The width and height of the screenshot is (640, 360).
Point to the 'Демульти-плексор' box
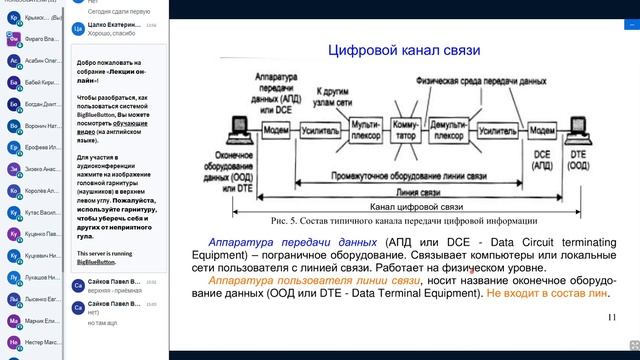pyautogui.click(x=449, y=130)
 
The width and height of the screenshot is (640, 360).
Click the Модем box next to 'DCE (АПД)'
pyautogui.click(x=544, y=129)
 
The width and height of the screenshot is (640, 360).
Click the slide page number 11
pyautogui.click(x=612, y=317)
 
